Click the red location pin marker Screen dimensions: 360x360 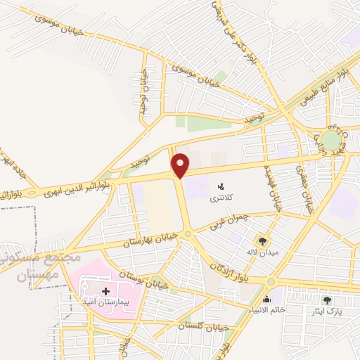[x=181, y=165]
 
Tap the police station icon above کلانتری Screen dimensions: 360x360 [x=221, y=186]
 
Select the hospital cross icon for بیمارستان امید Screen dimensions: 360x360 [x=105, y=290]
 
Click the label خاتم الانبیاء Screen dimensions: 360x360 [x=266, y=309]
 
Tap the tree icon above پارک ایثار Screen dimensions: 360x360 [x=327, y=300]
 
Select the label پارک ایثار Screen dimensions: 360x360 [x=327, y=311]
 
